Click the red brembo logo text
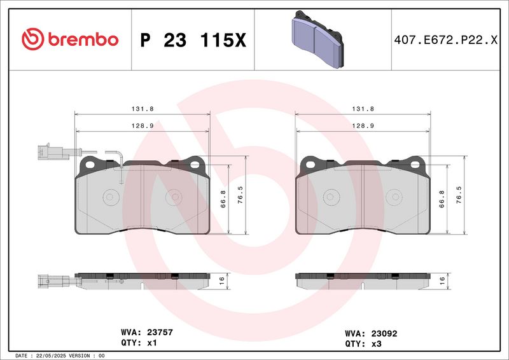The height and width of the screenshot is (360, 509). coord(83,39)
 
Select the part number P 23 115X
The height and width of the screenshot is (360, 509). coord(193,40)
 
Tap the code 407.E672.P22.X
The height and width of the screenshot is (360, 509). coord(446,40)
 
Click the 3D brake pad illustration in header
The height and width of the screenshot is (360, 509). coord(317,39)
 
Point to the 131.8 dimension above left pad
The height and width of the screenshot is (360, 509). coord(143,109)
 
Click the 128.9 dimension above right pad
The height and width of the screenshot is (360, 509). coord(363,126)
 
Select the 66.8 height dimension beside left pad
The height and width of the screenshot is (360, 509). coord(223,199)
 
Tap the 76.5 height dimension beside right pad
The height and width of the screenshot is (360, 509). coord(459,195)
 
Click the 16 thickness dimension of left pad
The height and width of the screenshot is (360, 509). coord(221,281)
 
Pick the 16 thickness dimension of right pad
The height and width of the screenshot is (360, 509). coord(442,281)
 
